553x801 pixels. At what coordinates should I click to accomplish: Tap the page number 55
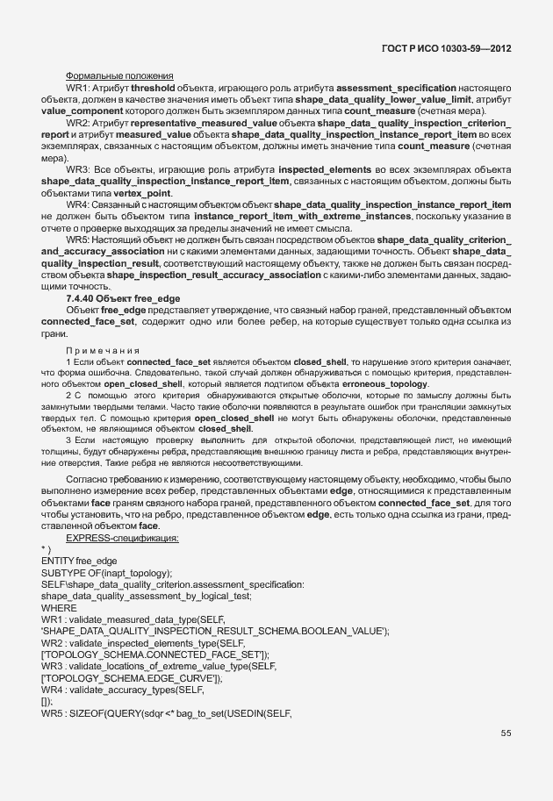coord(506,733)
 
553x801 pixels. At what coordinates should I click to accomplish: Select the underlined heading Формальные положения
coord(119,76)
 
